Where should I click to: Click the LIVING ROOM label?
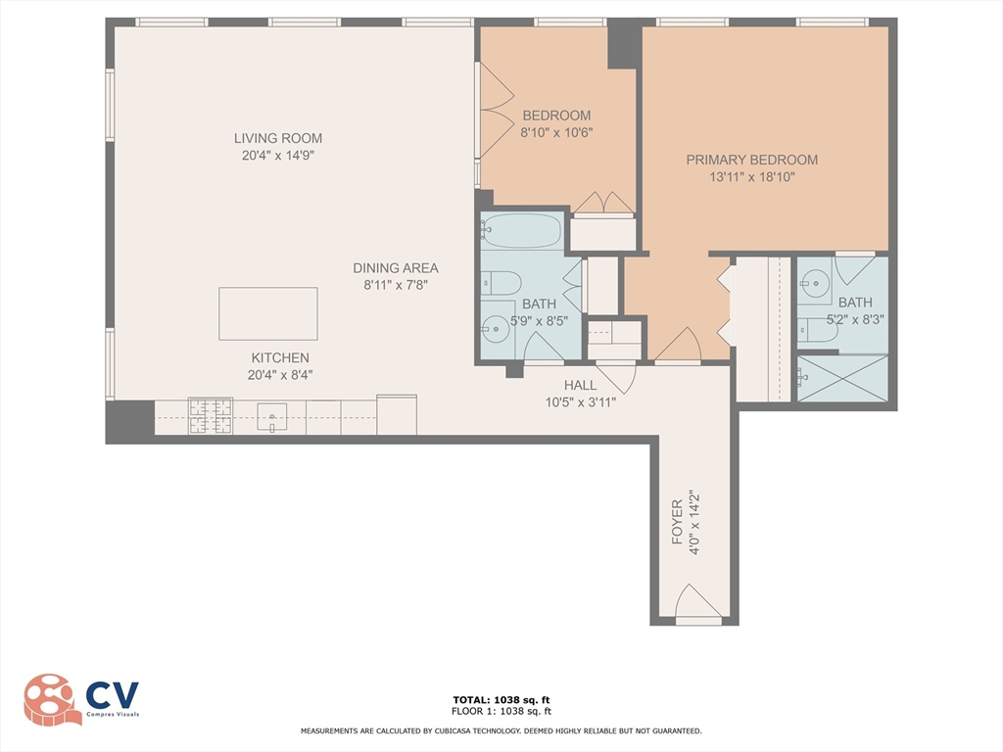click(x=277, y=138)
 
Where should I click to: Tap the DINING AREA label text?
click(x=396, y=267)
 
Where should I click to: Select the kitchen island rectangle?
click(x=267, y=313)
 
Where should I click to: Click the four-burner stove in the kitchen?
click(x=211, y=416)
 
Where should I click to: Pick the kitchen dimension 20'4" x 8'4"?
click(x=280, y=374)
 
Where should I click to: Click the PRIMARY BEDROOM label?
click(x=751, y=160)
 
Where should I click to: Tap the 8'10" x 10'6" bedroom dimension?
click(x=556, y=132)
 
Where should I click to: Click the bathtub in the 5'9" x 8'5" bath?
click(x=521, y=231)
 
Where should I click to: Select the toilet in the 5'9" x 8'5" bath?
click(x=501, y=283)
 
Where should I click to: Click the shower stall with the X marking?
click(x=842, y=378)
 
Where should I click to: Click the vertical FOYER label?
click(x=676, y=523)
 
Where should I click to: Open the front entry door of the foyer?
click(x=698, y=605)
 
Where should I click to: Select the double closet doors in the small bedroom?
click(x=603, y=203)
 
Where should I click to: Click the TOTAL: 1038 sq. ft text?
click(x=501, y=699)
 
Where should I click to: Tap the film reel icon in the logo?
click(x=52, y=699)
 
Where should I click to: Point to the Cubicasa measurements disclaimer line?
click(x=501, y=730)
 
